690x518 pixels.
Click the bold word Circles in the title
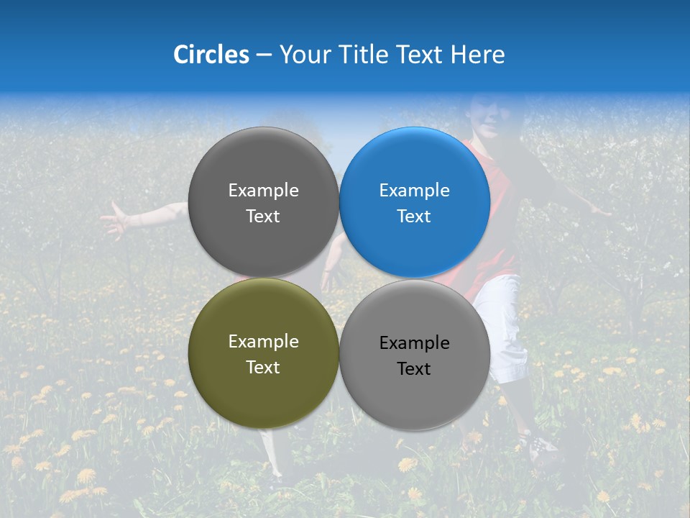pos(211,55)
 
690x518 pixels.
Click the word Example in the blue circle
pos(415,191)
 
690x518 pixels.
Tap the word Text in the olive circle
pos(263,368)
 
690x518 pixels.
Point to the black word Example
pos(415,343)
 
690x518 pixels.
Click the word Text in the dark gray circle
pos(263,217)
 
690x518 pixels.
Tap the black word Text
pos(414,369)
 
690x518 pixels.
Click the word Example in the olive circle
pos(263,342)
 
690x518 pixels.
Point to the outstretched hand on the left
pos(115,219)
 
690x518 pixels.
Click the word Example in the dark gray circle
pos(263,191)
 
